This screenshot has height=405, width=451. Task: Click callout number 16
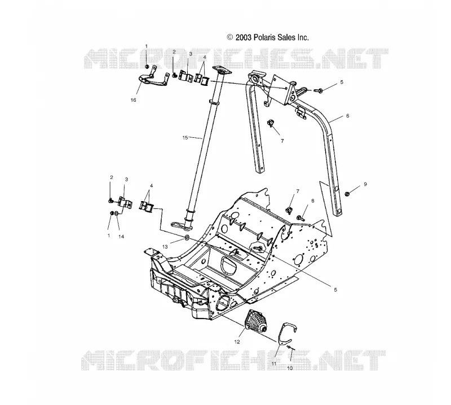click(133, 100)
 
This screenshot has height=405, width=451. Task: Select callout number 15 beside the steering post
click(185, 138)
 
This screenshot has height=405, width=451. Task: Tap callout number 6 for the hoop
click(348, 116)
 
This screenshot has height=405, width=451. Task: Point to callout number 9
click(365, 184)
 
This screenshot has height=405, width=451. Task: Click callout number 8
click(313, 201)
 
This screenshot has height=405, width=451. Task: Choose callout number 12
click(237, 342)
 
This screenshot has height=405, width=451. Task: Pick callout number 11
click(274, 364)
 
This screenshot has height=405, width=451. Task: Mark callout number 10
click(290, 368)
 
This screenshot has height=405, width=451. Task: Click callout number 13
click(165, 247)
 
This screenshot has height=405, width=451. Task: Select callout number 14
click(121, 237)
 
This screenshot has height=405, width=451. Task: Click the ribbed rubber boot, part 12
click(255, 321)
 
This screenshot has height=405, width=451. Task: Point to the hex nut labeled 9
click(347, 194)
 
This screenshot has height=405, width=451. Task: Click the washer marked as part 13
click(187, 238)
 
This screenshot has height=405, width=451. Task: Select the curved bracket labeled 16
click(152, 80)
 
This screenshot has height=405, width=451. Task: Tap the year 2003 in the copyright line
click(244, 37)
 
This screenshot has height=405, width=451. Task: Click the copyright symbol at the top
click(230, 37)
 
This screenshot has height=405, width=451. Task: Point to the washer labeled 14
click(116, 214)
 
